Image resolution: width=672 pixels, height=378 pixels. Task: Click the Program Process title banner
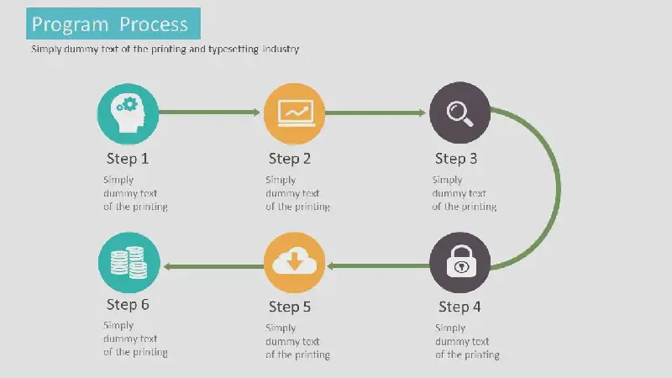coord(113,24)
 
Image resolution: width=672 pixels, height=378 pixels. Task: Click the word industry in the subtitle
coord(281,49)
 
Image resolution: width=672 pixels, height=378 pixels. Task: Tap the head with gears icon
coord(128,113)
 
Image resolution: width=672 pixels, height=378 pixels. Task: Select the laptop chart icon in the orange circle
coord(296,113)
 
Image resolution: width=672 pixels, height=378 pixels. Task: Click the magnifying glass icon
coord(459,113)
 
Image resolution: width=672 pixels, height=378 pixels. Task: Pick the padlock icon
coord(461,261)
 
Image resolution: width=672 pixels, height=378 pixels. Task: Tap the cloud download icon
coord(295,261)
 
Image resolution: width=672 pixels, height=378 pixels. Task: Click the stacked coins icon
coord(129,262)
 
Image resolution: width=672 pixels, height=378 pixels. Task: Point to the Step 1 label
coord(128,159)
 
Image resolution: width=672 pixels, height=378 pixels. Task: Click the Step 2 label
coord(290,159)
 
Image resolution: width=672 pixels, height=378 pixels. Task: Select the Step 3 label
coord(456,159)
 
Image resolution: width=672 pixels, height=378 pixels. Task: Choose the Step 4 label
coord(459,307)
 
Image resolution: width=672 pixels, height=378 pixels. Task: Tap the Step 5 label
coord(290,307)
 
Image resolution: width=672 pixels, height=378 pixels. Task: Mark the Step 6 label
coord(128,304)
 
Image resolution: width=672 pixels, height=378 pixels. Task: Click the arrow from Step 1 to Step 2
coord(209,113)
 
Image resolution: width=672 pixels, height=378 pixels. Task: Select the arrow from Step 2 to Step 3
coord(375,113)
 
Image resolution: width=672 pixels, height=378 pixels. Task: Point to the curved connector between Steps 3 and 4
coord(559,188)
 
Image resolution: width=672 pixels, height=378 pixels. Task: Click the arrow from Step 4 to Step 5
coord(379,265)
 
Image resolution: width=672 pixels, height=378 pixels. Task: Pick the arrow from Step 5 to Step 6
coord(214,266)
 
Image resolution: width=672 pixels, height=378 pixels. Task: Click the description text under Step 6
coord(135,339)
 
